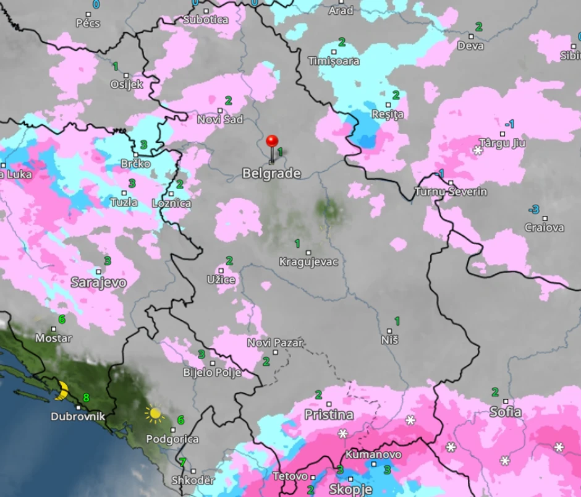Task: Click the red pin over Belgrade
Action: pyautogui.click(x=271, y=142)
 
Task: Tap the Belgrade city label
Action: pyautogui.click(x=271, y=174)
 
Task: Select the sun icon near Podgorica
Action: pyautogui.click(x=154, y=413)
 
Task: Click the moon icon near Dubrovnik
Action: pyautogui.click(x=62, y=390)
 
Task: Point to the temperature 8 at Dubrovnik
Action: pyautogui.click(x=87, y=398)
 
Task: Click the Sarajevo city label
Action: pyautogui.click(x=98, y=282)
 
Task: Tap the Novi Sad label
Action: pyautogui.click(x=220, y=119)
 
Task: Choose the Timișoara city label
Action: pyautogui.click(x=334, y=61)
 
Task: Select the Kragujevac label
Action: pyautogui.click(x=308, y=261)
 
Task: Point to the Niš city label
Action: pyautogui.click(x=389, y=340)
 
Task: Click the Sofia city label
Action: pyautogui.click(x=505, y=412)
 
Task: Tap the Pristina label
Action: pyautogui.click(x=329, y=414)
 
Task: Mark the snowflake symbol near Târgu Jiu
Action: pyautogui.click(x=477, y=150)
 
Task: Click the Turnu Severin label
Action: pyautogui.click(x=451, y=192)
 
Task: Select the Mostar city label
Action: pyautogui.click(x=53, y=338)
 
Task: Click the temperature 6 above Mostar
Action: pyautogui.click(x=61, y=319)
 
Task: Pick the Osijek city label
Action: pyautogui.click(x=126, y=85)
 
